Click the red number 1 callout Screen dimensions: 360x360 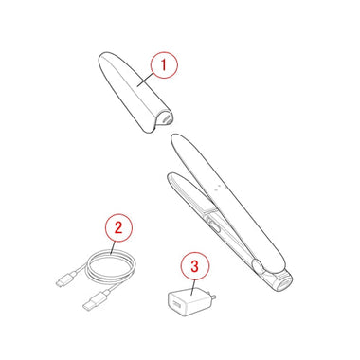(164, 65)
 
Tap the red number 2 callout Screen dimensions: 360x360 (118, 227)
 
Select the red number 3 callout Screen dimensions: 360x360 (195, 266)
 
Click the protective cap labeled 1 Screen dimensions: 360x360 (135, 92)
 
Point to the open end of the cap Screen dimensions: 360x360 (163, 119)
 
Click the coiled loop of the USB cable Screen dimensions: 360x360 (112, 267)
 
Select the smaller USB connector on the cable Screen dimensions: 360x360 (64, 280)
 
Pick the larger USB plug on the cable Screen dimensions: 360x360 (95, 300)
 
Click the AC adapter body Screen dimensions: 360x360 (189, 302)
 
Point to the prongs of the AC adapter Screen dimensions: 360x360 (212, 296)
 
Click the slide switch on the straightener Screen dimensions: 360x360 (214, 226)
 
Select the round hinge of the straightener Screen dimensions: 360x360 (257, 265)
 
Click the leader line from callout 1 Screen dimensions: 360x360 (146, 79)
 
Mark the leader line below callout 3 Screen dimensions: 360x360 (193, 287)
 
